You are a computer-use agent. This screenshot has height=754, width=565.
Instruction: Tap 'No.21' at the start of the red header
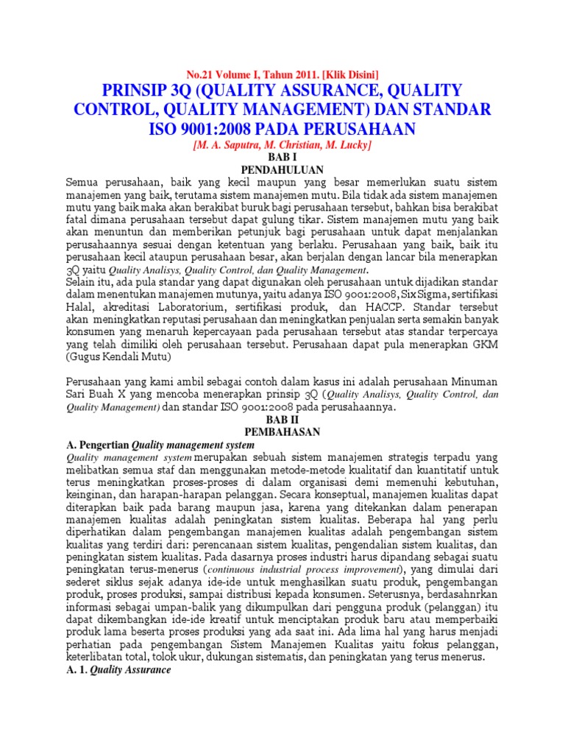tap(200, 74)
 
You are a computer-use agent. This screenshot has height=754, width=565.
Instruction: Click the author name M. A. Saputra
tap(228, 146)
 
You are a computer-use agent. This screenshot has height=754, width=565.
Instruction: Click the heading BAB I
tap(282, 158)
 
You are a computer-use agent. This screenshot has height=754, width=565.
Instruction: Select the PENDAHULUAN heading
tap(282, 170)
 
